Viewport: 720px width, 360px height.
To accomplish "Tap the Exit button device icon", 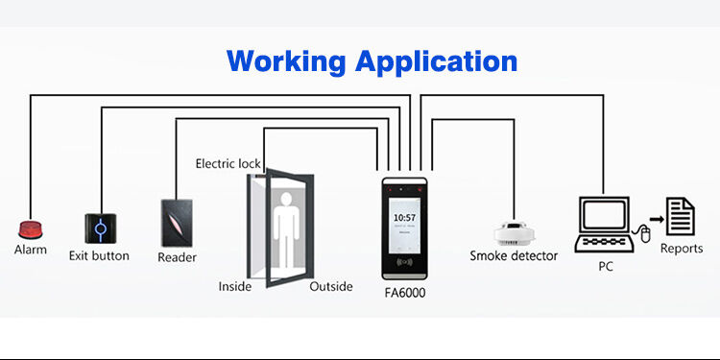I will point(99,228).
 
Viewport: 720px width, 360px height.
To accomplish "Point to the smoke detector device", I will point(513,231).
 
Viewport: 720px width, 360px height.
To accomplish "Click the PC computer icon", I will point(602,222).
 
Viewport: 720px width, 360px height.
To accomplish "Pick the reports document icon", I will point(681,215).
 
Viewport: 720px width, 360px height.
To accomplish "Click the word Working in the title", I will point(287,61).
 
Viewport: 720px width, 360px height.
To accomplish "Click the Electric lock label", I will point(228,164).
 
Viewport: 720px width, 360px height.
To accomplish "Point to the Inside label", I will point(235,286).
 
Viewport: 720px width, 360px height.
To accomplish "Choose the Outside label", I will point(330,286).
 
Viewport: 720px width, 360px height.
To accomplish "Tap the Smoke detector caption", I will point(513,256).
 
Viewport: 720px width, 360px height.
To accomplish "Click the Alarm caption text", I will point(30,250).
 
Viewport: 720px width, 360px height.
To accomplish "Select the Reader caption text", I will point(177,257).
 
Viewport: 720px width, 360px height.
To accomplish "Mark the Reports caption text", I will point(681,249).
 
